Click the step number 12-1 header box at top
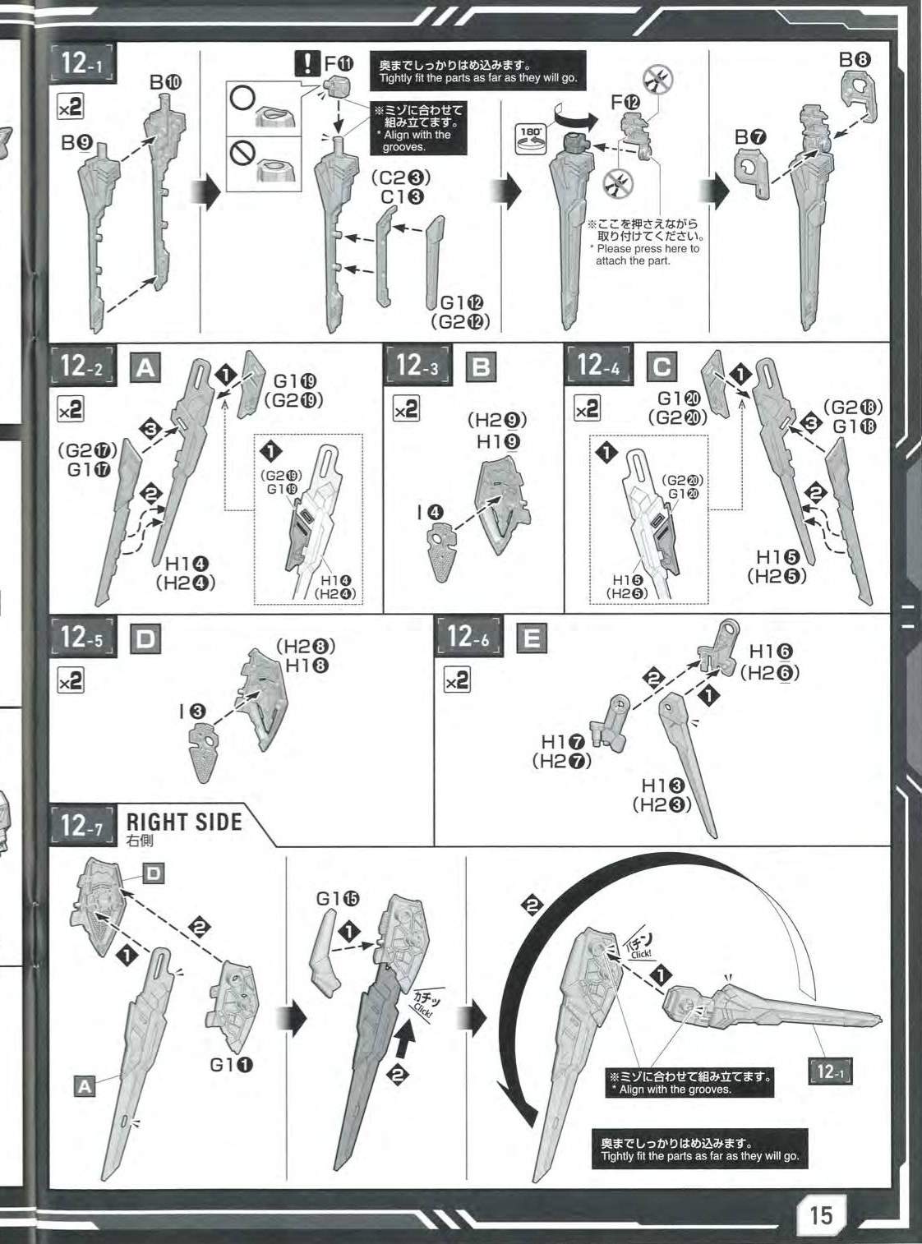[83, 62]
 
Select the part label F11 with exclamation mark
[324, 63]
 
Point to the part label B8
[855, 60]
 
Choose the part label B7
[751, 137]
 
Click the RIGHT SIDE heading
[184, 822]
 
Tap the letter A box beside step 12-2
[146, 367]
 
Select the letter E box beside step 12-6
[531, 638]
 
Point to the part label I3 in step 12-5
[192, 712]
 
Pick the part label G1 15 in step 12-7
[337, 899]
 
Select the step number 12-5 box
[82, 638]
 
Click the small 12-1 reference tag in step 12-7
[830, 1071]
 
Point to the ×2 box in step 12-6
[458, 680]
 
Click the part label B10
[165, 83]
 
